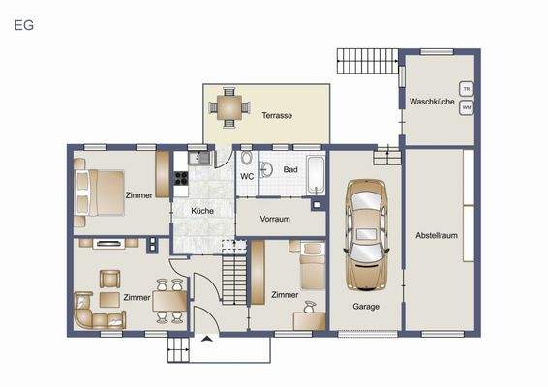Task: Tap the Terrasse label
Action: click(x=277, y=116)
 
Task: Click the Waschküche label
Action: click(x=432, y=102)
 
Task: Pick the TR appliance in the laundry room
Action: click(x=467, y=89)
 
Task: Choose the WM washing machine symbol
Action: click(x=467, y=107)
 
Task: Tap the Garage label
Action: click(x=365, y=307)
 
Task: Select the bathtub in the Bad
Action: click(x=316, y=173)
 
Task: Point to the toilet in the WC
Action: click(x=247, y=161)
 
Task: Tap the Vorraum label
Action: click(x=275, y=220)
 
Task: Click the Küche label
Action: click(x=202, y=210)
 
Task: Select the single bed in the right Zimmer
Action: click(x=311, y=266)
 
